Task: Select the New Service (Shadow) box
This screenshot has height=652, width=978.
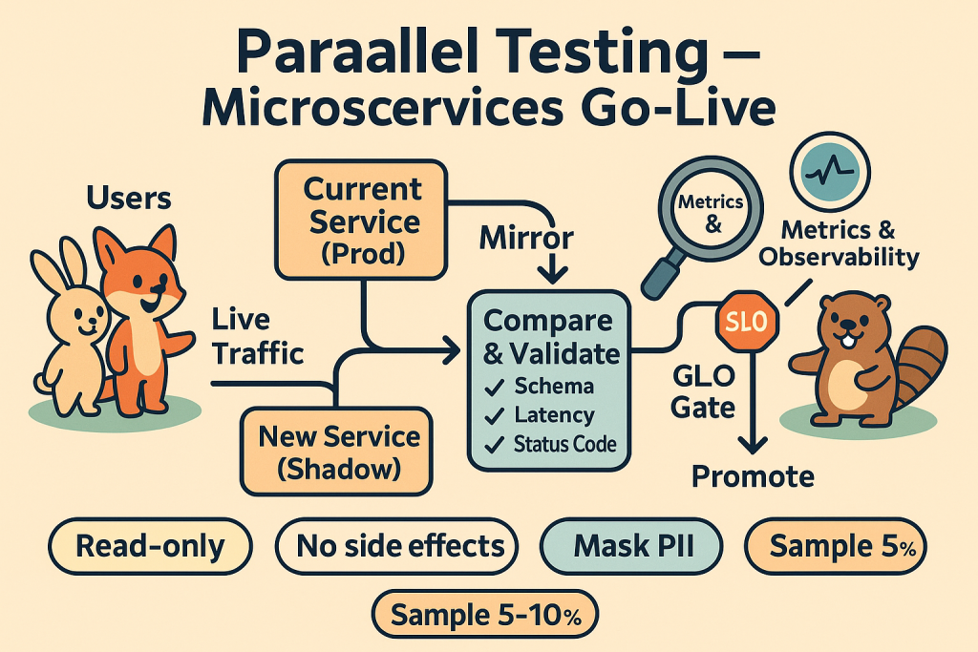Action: coord(340,453)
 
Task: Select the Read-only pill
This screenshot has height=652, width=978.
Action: coord(150,547)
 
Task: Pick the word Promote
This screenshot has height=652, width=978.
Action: coord(754,474)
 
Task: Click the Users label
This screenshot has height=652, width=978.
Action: coord(128,198)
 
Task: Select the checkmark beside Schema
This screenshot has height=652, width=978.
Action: coord(497,387)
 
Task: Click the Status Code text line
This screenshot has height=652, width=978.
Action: coord(563,444)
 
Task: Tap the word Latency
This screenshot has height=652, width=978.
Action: coord(553,415)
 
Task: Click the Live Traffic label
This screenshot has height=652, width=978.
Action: coord(256,336)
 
